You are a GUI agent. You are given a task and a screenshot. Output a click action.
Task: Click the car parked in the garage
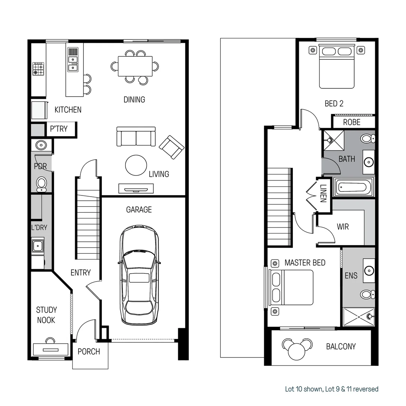139,275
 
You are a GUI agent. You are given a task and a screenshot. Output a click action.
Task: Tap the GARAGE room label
139,210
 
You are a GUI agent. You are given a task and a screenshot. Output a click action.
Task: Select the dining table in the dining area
135,66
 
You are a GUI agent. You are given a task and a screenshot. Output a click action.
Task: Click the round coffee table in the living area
136,165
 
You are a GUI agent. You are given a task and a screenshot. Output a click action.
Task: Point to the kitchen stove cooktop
38,69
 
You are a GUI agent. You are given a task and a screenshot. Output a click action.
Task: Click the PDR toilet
41,184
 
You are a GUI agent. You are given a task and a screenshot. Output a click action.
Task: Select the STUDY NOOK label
46,315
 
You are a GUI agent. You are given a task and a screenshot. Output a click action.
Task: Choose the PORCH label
89,352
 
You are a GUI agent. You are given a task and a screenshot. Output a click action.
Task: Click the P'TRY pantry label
59,129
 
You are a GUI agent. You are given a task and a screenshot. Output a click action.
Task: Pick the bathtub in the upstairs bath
353,187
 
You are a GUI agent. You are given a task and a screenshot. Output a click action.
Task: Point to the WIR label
342,227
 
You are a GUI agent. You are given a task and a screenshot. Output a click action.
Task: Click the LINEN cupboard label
323,194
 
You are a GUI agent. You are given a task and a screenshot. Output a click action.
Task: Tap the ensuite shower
359,317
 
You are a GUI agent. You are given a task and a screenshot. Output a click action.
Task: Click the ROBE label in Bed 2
351,122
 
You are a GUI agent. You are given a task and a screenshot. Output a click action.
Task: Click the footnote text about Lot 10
331,389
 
